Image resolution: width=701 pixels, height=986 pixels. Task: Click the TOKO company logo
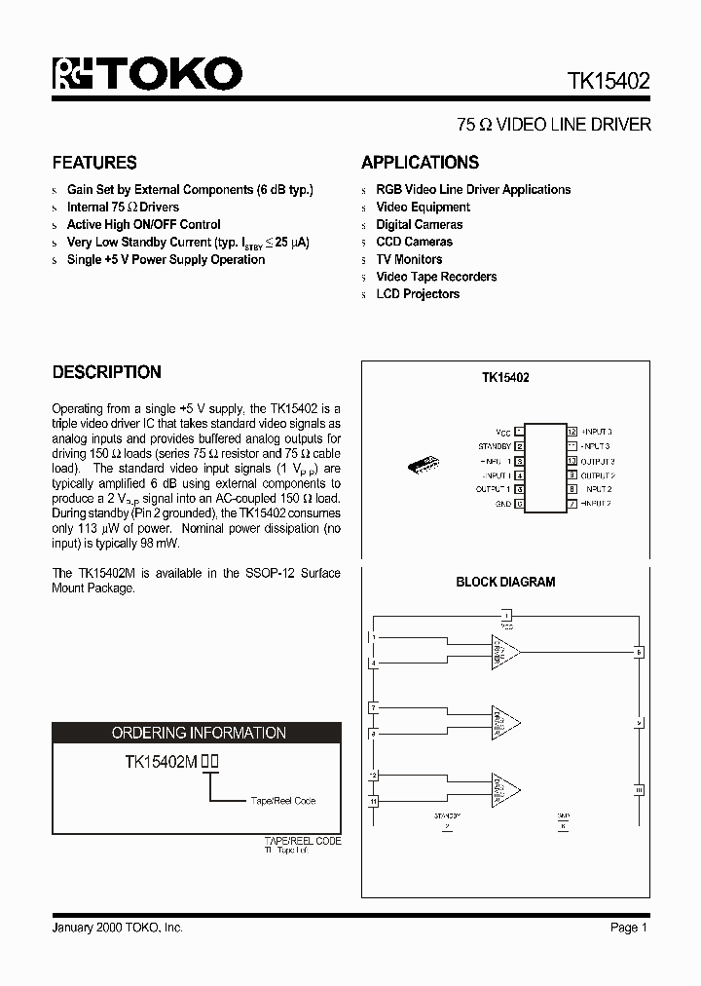[147, 74]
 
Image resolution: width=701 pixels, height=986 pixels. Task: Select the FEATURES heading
[94, 163]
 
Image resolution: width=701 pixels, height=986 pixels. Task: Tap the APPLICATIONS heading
[420, 163]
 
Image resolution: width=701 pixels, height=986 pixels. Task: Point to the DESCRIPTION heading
[106, 372]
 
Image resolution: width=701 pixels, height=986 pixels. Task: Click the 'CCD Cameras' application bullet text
[414, 242]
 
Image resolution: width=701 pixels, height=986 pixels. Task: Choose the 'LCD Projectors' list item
[418, 294]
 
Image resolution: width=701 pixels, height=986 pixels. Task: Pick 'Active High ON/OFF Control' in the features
[143, 224]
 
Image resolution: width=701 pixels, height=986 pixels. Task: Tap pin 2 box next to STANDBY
[520, 445]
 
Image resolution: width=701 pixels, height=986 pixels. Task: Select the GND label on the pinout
[502, 504]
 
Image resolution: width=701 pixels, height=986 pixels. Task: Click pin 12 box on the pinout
[572, 431]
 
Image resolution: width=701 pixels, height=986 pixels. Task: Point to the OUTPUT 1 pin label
[493, 489]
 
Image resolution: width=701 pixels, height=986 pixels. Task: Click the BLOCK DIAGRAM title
[505, 582]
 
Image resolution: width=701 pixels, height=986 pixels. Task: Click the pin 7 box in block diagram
[373, 706]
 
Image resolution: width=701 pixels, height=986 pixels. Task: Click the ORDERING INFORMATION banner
[198, 733]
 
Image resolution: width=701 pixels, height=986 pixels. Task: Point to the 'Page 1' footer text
[628, 928]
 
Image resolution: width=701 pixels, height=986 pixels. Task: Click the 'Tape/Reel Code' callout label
[282, 801]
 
